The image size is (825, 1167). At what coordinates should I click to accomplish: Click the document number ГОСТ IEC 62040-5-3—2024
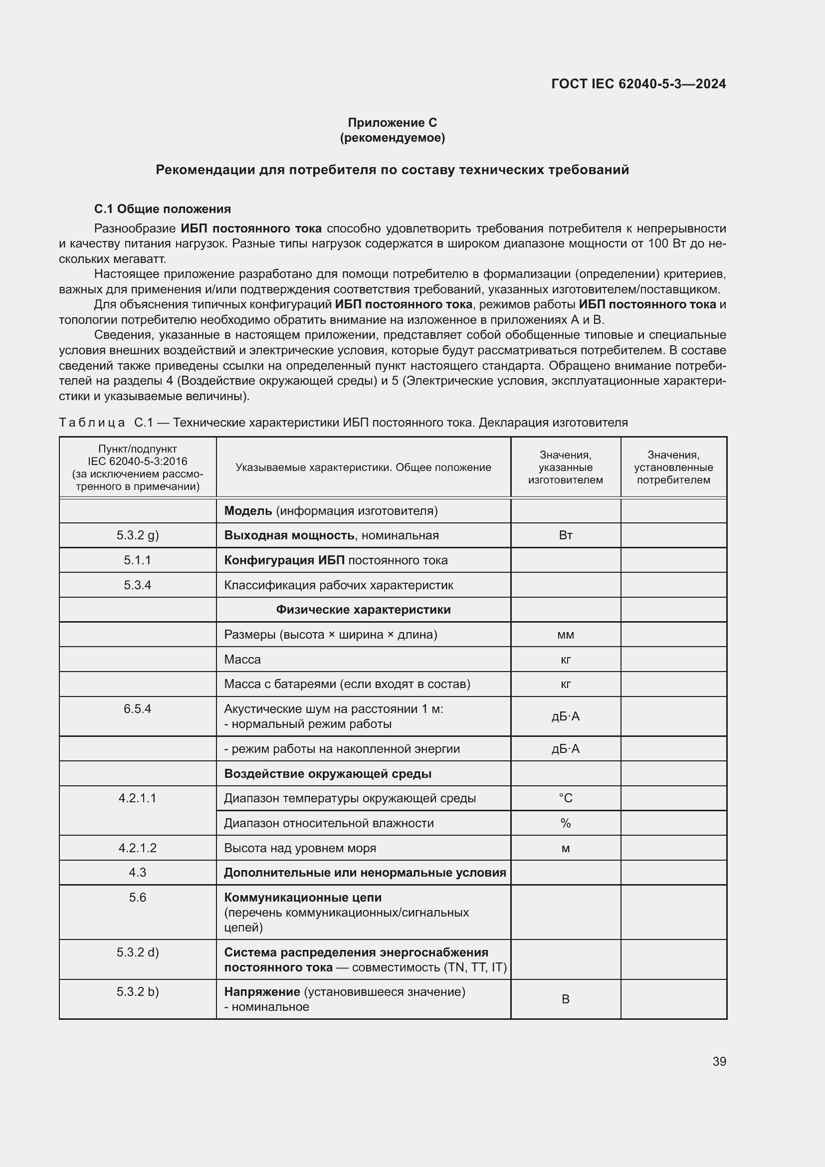[x=638, y=84]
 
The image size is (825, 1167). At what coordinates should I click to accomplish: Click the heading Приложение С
[x=392, y=123]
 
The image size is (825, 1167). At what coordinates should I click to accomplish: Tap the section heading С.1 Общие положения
[x=162, y=209]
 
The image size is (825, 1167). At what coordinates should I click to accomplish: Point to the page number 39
[x=719, y=1061]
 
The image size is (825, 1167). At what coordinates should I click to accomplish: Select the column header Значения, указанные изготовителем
[x=565, y=467]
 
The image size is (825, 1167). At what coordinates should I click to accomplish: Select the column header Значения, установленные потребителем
[x=673, y=467]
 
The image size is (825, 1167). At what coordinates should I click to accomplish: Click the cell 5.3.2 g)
[x=137, y=535]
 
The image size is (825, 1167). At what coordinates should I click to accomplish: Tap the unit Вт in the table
[x=565, y=535]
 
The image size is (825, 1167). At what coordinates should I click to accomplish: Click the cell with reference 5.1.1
[x=137, y=560]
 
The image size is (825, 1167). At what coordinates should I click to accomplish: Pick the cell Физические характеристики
[x=363, y=609]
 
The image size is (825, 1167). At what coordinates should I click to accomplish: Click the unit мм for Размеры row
[x=565, y=634]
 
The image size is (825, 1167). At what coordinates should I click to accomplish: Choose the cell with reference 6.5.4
[x=137, y=708]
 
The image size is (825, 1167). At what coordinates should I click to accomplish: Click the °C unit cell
[x=565, y=798]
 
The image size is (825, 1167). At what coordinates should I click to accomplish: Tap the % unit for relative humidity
[x=565, y=823]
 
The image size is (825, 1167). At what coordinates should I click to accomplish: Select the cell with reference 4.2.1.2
[x=137, y=848]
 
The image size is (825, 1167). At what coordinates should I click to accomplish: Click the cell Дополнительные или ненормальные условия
[x=365, y=873]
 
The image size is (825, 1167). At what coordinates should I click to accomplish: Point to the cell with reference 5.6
[x=137, y=898]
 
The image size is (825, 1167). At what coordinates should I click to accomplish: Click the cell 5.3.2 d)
[x=137, y=952]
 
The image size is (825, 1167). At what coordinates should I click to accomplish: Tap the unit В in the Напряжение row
[x=565, y=999]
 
